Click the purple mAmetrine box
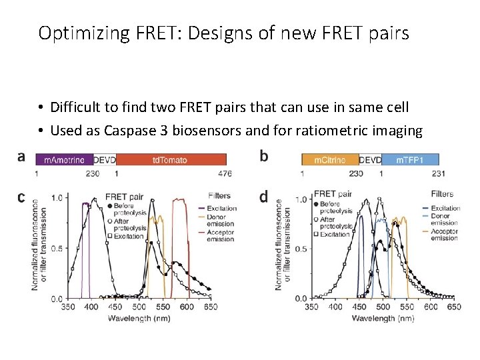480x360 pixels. tap(64, 159)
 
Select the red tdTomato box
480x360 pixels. tap(170, 159)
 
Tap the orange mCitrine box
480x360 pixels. tap(330, 159)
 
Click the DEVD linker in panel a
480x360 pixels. tap(104, 159)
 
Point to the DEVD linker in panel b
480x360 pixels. tap(371, 159)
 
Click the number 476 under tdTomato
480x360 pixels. tap(225, 173)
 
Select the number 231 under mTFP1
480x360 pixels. tap(438, 173)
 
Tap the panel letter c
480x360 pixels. tap(21, 197)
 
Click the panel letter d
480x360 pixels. tap(264, 197)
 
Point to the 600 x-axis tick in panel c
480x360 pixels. tap(187, 307)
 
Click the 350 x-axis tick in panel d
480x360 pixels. tap(311, 307)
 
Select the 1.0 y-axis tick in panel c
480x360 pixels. tap(57, 198)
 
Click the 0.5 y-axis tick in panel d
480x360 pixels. tap(302, 249)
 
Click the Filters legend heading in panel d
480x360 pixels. tap(442, 194)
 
